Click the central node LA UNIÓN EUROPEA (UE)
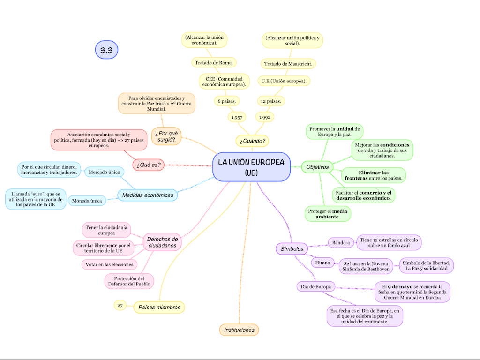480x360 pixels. pyautogui.click(x=251, y=167)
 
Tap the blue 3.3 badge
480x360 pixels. pyautogui.click(x=106, y=50)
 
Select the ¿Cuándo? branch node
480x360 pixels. pyautogui.click(x=253, y=140)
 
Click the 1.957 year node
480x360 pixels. pyautogui.click(x=237, y=117)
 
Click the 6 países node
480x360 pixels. pyautogui.click(x=227, y=101)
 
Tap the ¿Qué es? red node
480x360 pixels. pyautogui.click(x=149, y=165)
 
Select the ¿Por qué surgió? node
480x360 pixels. pyautogui.click(x=166, y=136)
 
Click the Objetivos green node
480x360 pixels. pyautogui.click(x=317, y=167)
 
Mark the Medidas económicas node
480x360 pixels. pyautogui.click(x=148, y=195)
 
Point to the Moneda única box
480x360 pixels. pyautogui.click(x=87, y=201)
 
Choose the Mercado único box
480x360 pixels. pyautogui.click(x=104, y=172)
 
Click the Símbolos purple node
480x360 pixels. pyautogui.click(x=292, y=249)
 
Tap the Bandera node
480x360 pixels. pyautogui.click(x=341, y=243)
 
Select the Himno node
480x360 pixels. pyautogui.click(x=322, y=262)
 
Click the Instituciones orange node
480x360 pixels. pyautogui.click(x=239, y=330)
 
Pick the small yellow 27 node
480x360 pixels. pyautogui.click(x=120, y=306)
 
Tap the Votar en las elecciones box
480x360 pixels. pyautogui.click(x=109, y=264)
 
